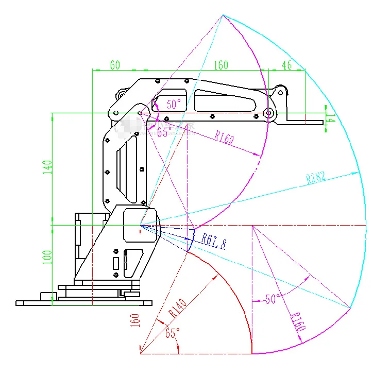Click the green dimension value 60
pyautogui.click(x=114, y=65)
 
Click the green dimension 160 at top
pyautogui.click(x=221, y=65)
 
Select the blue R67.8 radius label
pyautogui.click(x=213, y=241)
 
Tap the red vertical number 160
pyautogui.click(x=136, y=320)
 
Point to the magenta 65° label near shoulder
pyautogui.click(x=165, y=132)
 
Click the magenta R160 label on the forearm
pyautogui.click(x=225, y=138)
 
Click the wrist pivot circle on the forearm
pyautogui.click(x=267, y=113)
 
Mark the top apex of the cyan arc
pyautogui.click(x=223, y=15)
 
